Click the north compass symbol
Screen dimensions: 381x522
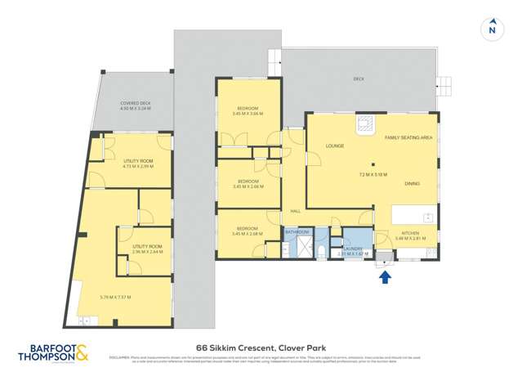coord(491,30)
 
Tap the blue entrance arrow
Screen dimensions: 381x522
coord(385,276)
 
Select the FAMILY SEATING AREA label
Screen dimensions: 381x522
coord(408,137)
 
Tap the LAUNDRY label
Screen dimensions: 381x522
coord(353,249)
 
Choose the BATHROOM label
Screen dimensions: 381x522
coord(297,232)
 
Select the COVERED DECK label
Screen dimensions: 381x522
coord(136,103)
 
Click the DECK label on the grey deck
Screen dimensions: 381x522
coord(359,79)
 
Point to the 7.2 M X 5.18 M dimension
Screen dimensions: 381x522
coord(373,175)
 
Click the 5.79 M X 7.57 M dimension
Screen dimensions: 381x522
coord(115,296)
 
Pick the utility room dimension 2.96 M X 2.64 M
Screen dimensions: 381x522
coord(147,252)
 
